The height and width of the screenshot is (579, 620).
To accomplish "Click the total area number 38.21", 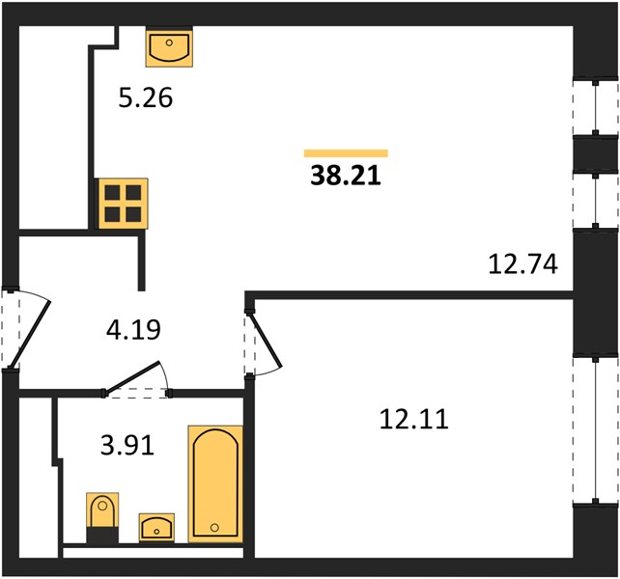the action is pos(346,176).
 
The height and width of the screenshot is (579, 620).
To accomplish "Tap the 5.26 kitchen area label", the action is pos(146,98).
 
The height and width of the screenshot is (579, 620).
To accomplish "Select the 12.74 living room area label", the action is pos(522,264).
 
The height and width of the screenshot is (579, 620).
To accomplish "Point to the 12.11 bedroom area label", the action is pos(414,419).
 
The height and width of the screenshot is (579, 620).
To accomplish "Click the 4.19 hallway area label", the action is pos(133,330).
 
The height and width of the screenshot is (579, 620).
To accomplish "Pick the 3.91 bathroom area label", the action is pos(127,446).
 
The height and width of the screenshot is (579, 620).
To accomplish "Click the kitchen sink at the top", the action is pos(169,47).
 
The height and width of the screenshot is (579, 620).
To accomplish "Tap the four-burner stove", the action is pos(123,204).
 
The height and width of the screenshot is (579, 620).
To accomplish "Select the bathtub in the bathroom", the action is pos(215,484).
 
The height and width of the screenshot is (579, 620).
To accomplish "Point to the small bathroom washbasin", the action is pos(156,528).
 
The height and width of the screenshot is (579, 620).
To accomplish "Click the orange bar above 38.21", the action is pos(346,153).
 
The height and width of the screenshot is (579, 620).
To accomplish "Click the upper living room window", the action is pos(596,107).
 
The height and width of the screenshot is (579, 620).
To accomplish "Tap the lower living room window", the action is pos(596,200).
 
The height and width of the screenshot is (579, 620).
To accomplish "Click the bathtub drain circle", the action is pos(214,527).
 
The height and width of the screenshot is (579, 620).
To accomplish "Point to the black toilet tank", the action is pos(102,536).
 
